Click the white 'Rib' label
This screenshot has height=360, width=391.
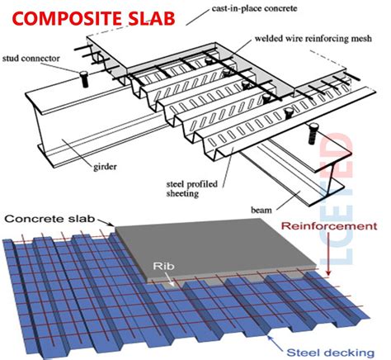point(162,267)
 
